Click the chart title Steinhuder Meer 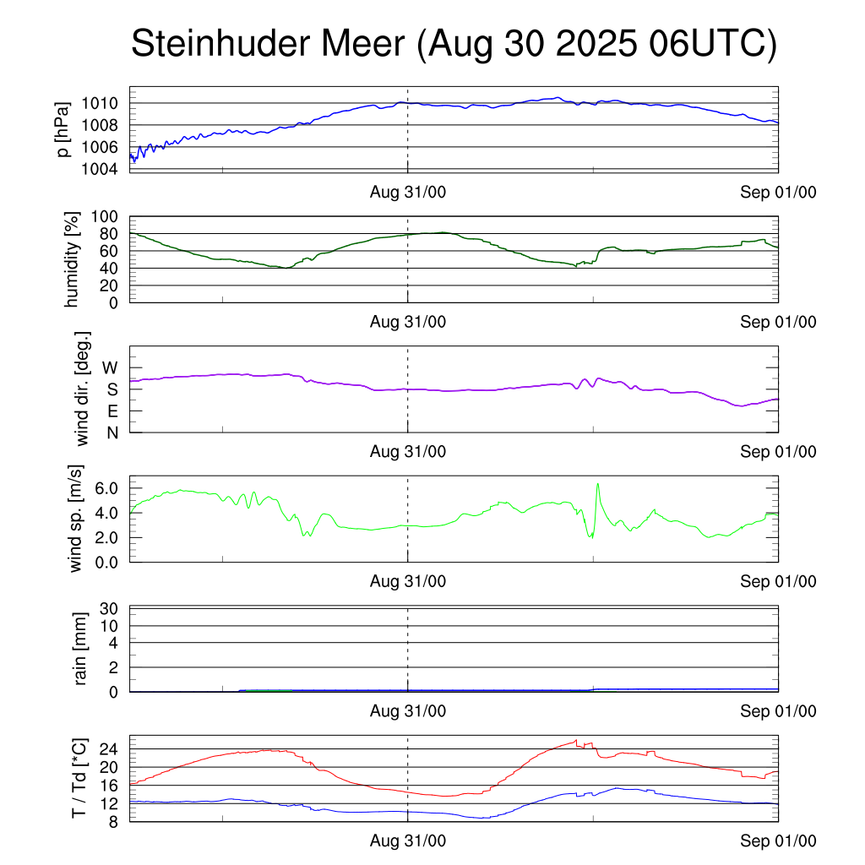[x=453, y=44]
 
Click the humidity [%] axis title [x=72, y=259]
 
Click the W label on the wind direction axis [x=112, y=367]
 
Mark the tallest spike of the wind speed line [x=598, y=484]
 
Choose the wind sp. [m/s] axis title [x=77, y=518]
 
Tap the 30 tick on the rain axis [x=114, y=608]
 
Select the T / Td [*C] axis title [x=79, y=777]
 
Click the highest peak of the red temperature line [x=576, y=741]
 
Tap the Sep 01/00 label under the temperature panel [x=778, y=841]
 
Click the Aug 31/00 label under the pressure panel [x=408, y=192]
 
